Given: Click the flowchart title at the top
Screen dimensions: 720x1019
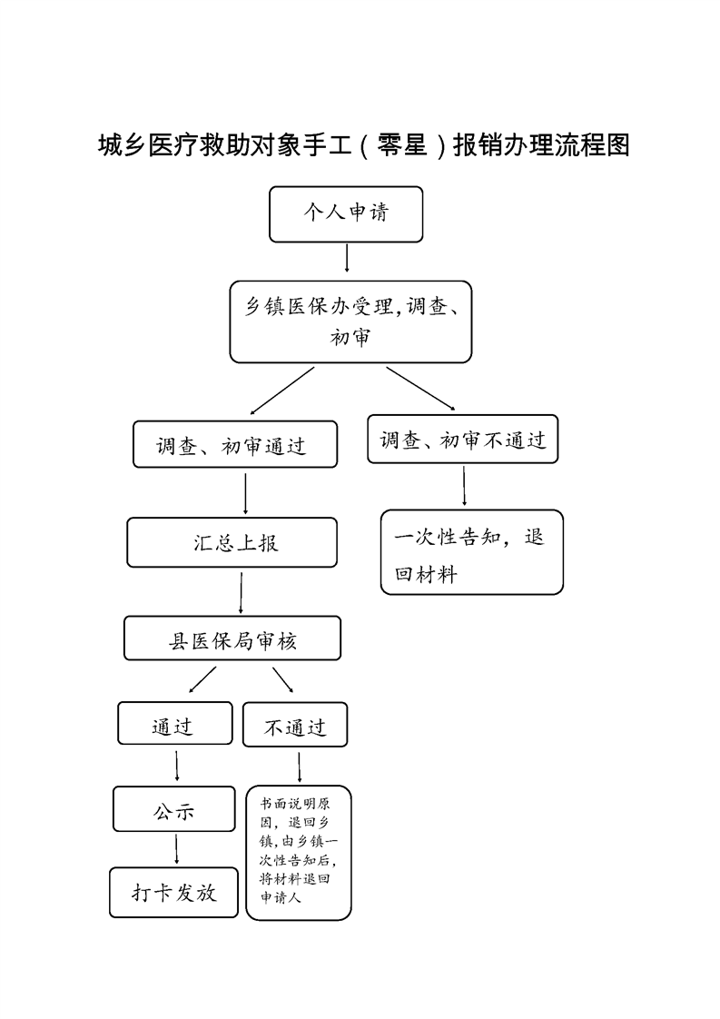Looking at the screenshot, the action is pos(364,145).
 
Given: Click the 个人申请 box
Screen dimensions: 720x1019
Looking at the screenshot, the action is pos(346,214).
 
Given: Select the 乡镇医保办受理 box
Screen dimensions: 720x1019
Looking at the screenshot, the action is pos(350,322).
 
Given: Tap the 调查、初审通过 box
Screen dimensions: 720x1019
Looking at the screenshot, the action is pos(235,444).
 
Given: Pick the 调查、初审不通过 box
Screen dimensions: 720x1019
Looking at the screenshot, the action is pos(463,440).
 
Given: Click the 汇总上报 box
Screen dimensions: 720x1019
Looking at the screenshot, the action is pos(232,542).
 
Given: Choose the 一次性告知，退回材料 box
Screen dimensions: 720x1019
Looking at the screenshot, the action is pos(472,552).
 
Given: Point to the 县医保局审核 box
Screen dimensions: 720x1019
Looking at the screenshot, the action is pos(232,638).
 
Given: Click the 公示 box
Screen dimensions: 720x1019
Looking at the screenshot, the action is pos(174,809).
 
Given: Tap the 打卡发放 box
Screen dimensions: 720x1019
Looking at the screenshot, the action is pos(174,892).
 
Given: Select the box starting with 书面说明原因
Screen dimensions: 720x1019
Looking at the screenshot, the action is pos(299,853).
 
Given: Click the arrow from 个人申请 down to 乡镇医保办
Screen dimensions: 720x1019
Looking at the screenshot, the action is pos(347,258).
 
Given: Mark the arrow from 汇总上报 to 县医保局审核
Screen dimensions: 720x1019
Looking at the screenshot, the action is pos(242,593).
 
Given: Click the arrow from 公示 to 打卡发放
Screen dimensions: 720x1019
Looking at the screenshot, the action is pos(177,849).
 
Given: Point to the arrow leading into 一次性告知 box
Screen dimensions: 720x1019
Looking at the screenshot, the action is pos(464,486).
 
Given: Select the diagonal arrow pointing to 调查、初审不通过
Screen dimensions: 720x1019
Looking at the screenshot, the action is pos(420,389).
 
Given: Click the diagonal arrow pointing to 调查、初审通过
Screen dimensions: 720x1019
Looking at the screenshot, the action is pos(282,391).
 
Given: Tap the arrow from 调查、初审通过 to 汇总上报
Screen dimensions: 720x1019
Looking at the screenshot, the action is pos(245,494).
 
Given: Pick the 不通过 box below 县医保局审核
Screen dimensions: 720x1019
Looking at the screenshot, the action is pos(295,725).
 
